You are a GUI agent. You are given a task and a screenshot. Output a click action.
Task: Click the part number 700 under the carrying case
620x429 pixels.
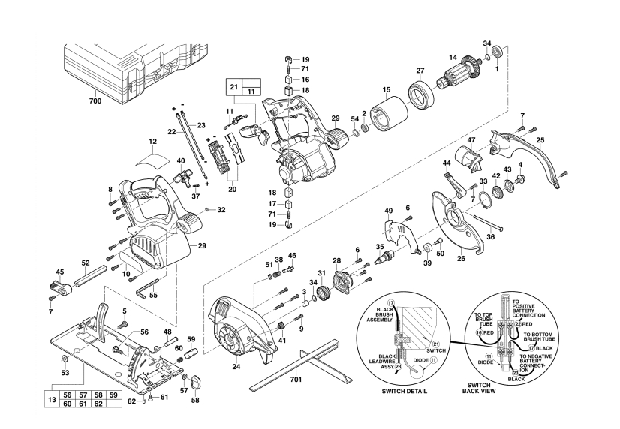[x=95, y=100]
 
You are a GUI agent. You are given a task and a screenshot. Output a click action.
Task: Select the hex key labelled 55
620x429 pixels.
[x=146, y=287]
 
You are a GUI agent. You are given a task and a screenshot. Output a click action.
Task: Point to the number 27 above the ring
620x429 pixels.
[x=420, y=70]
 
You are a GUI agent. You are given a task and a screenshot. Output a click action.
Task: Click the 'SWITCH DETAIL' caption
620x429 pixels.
[x=404, y=391]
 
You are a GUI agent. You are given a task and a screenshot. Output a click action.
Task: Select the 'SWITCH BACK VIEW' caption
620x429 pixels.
[x=479, y=388]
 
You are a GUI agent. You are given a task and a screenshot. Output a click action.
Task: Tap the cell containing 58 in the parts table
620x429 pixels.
[x=99, y=394]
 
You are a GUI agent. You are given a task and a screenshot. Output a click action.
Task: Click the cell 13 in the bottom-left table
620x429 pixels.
[x=52, y=399]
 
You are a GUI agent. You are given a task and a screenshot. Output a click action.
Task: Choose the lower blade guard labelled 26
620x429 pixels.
[x=456, y=221]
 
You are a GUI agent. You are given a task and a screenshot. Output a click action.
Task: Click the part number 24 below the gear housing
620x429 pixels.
[x=236, y=367]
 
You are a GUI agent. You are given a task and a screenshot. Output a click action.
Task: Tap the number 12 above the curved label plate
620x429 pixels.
[x=153, y=142]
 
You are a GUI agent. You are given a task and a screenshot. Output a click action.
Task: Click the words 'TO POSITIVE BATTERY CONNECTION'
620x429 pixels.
[x=528, y=308]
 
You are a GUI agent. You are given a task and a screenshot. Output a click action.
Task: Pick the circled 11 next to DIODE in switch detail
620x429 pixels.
[x=433, y=360]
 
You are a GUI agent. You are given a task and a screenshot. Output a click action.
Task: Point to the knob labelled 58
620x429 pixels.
[x=196, y=382]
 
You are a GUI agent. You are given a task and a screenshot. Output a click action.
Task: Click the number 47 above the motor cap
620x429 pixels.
[x=471, y=139]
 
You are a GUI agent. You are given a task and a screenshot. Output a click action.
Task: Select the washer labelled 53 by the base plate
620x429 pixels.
[x=64, y=358]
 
